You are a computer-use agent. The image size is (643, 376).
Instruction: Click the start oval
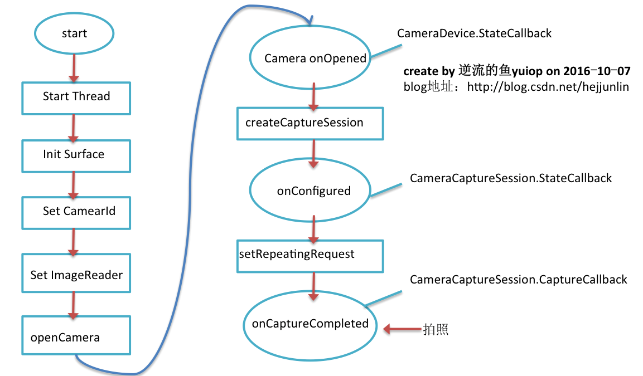74,33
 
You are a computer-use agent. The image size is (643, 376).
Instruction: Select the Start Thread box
76,97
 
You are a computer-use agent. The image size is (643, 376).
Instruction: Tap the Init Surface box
76,155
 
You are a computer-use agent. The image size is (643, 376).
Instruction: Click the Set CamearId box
76,212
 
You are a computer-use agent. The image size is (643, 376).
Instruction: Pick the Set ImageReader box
76,274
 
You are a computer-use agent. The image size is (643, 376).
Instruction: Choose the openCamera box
76,336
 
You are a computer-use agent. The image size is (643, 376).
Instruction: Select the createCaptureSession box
310,123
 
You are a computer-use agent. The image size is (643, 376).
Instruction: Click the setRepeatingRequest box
310,256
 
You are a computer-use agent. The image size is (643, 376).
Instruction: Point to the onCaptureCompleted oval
310,324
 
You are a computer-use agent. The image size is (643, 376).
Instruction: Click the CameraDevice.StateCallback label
474,33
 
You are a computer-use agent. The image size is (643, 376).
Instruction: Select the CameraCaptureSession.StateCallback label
511,178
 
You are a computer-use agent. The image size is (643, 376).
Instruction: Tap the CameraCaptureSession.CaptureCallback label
519,280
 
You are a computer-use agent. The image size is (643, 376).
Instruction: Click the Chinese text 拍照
436,329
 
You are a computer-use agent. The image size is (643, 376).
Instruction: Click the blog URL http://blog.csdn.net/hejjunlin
548,87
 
